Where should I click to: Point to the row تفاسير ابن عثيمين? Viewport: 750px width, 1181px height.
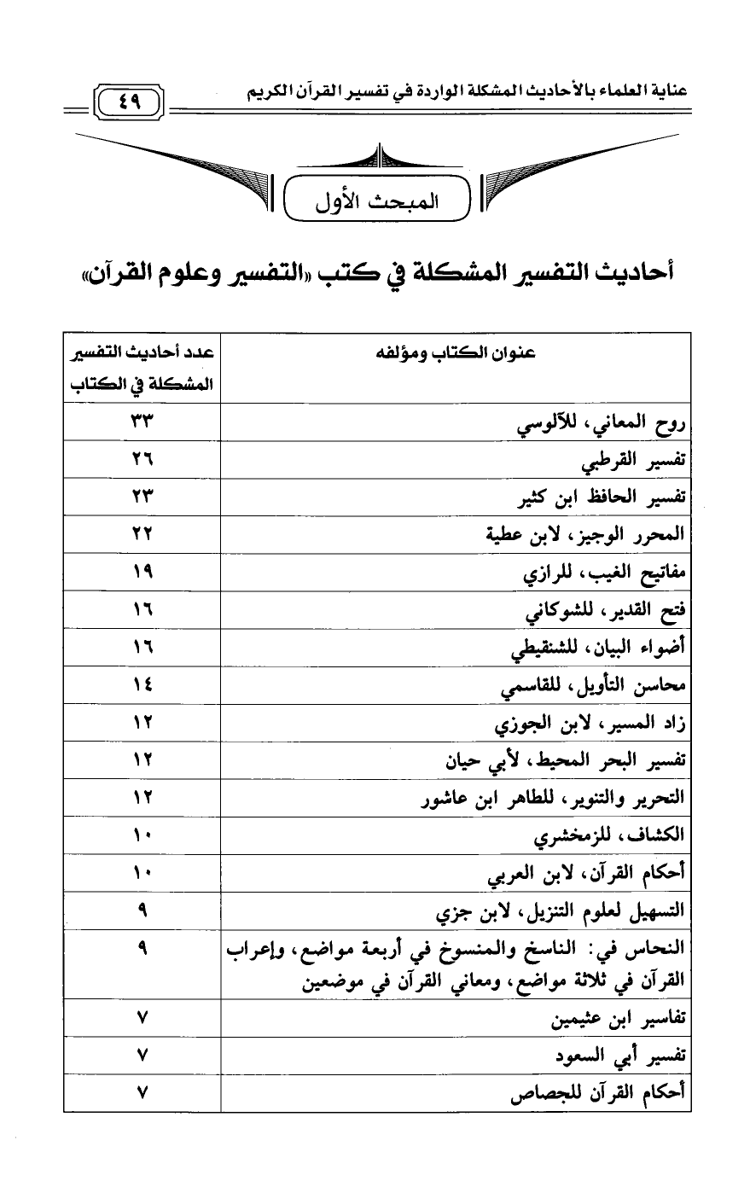pyautogui.click(x=619, y=1019)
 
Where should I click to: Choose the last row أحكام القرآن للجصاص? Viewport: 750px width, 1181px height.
pyautogui.click(x=599, y=1094)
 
